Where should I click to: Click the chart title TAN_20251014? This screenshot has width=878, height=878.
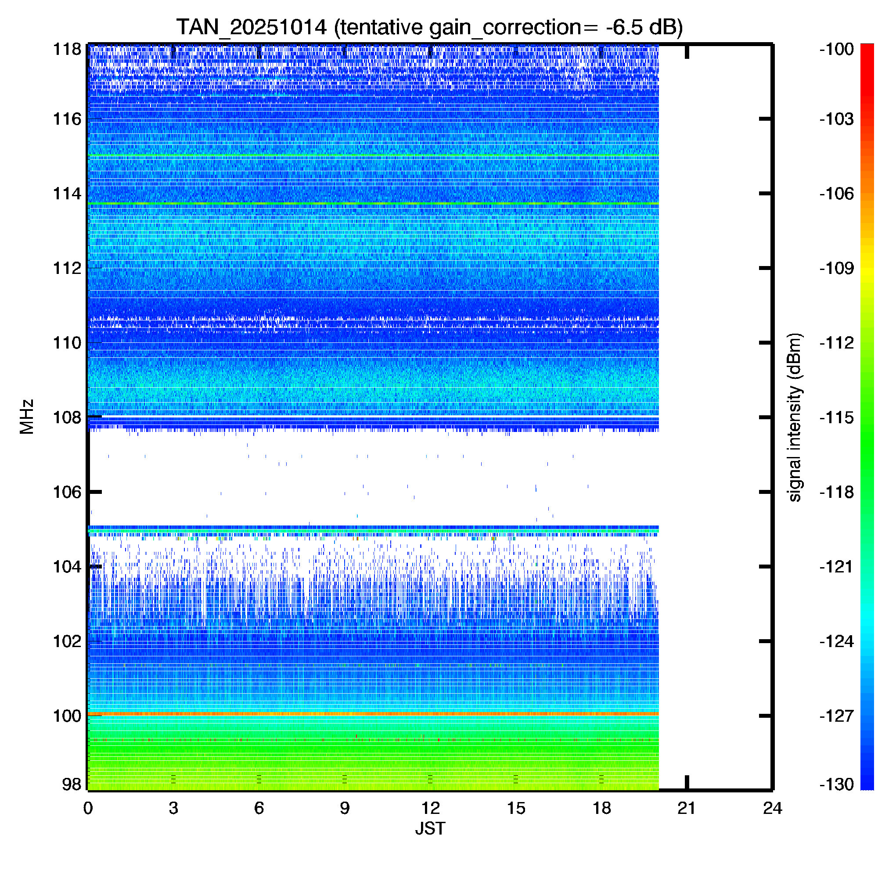pyautogui.click(x=251, y=27)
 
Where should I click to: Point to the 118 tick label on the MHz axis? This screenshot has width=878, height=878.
pyautogui.click(x=67, y=49)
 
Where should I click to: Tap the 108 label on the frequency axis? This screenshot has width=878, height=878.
pyautogui.click(x=67, y=417)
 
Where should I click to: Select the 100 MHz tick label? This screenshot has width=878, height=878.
pyautogui.click(x=67, y=716)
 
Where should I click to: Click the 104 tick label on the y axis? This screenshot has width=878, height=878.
pyautogui.click(x=67, y=567)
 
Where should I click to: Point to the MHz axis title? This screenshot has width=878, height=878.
pyautogui.click(x=27, y=417)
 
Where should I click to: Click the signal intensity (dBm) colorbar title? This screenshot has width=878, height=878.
pyautogui.click(x=795, y=417)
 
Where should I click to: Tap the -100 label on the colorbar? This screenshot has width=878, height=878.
pyautogui.click(x=836, y=49)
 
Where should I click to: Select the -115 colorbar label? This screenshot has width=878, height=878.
pyautogui.click(x=836, y=417)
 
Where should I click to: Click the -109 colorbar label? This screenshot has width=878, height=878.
pyautogui.click(x=836, y=268)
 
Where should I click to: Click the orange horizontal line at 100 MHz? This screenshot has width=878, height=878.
pyautogui.click(x=373, y=714)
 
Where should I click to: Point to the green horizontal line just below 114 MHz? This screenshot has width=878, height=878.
pyautogui.click(x=373, y=203)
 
